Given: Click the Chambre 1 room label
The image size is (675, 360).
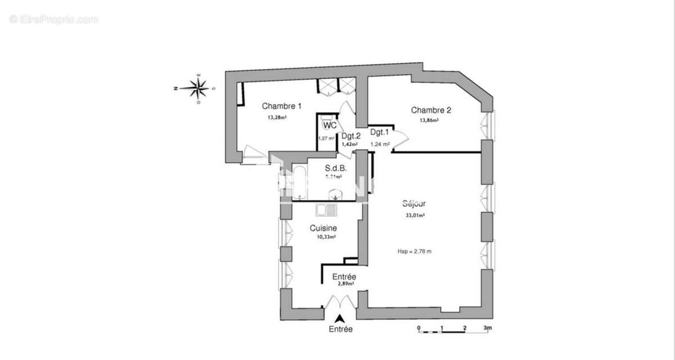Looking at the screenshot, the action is [x=282, y=106].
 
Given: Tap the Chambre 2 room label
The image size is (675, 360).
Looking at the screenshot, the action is [x=431, y=110].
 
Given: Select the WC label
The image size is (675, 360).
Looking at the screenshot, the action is [x=330, y=125].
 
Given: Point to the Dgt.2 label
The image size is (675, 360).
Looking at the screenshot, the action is [x=350, y=136].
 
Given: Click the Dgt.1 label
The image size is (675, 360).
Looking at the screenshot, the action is [x=380, y=132].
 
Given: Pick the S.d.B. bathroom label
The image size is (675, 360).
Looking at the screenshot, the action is [x=336, y=168].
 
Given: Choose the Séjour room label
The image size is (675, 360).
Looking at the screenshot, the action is [x=413, y=205].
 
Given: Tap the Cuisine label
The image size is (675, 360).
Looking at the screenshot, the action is [x=323, y=228].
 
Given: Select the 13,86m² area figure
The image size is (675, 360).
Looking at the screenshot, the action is [x=429, y=120].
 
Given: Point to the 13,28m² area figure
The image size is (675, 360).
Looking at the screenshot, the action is [x=277, y=118].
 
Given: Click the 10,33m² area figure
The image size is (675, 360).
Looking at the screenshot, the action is [x=326, y=237].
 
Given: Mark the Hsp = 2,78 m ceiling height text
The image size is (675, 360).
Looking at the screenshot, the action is [x=415, y=251].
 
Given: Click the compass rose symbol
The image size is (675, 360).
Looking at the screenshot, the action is [x=198, y=87].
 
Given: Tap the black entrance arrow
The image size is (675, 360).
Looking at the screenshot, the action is [x=340, y=318].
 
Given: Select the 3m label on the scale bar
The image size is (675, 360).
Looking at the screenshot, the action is [x=488, y=327].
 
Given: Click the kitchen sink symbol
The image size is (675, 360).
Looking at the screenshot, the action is [x=326, y=210].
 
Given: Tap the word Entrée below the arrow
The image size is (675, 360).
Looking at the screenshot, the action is [x=340, y=330].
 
